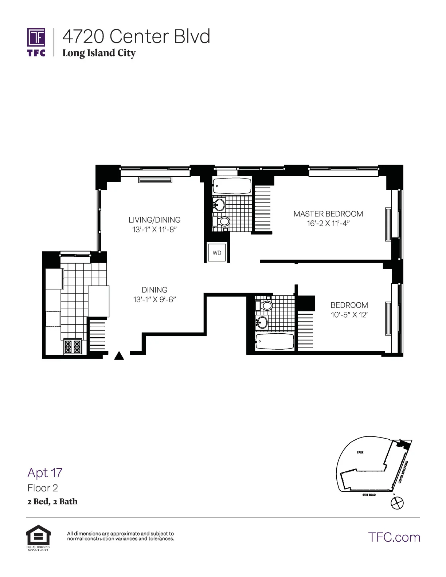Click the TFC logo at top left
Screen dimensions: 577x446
36,42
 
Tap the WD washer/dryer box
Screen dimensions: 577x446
217,253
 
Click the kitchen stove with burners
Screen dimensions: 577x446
73,346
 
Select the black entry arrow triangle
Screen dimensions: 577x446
119,356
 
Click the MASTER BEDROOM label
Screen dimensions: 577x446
328,214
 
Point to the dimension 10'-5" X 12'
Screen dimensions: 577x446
349,315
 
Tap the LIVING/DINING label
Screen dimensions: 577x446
154,220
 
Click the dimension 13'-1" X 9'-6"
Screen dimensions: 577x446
154,299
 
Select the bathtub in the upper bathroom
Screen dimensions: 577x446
232,186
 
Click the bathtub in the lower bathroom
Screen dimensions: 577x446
275,342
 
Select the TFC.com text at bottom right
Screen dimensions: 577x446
394,537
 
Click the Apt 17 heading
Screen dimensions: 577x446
45,472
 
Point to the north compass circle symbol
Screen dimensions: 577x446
397,503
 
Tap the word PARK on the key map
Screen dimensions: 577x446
360,452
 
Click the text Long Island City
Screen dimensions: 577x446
99,53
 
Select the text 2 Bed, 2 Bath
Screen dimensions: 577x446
52,502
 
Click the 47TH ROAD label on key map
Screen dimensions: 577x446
369,495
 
